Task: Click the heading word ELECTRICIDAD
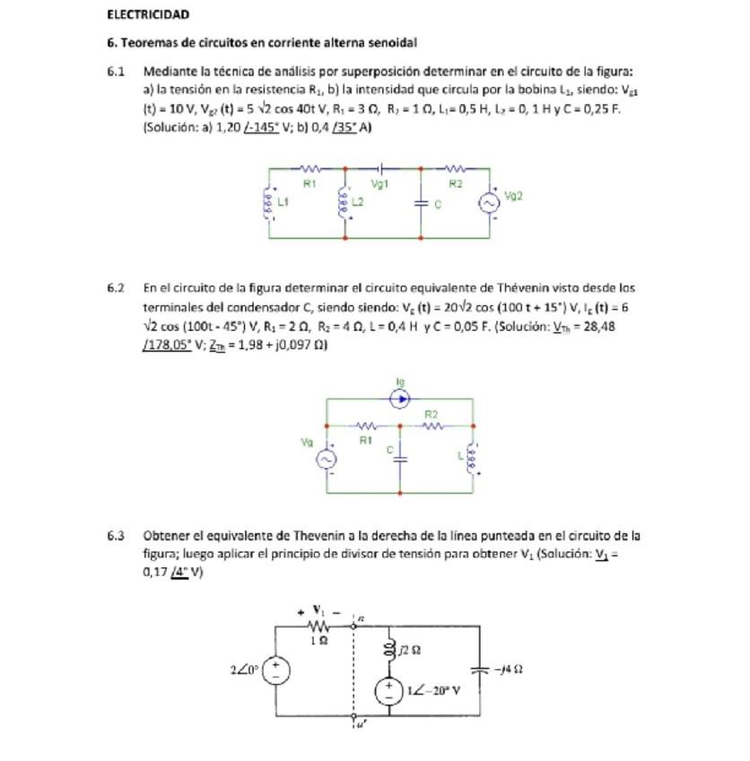(x=147, y=15)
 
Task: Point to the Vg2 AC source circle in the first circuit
(x=489, y=203)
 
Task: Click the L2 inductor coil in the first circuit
(x=344, y=203)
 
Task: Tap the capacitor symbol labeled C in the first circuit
(x=422, y=204)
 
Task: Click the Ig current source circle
(x=400, y=398)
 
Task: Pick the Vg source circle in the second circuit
(x=327, y=459)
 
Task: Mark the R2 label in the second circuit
(x=432, y=415)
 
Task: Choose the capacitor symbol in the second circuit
(x=400, y=459)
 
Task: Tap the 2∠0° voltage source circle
(x=275, y=669)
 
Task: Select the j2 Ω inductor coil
(x=389, y=648)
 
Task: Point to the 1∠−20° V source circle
(x=389, y=691)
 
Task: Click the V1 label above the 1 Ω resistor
(x=318, y=610)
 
